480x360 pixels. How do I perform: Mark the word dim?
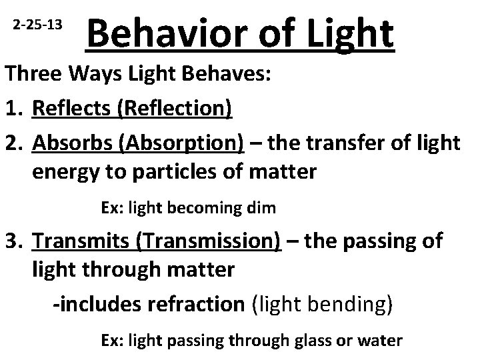(260, 207)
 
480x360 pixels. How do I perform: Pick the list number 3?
(13, 241)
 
